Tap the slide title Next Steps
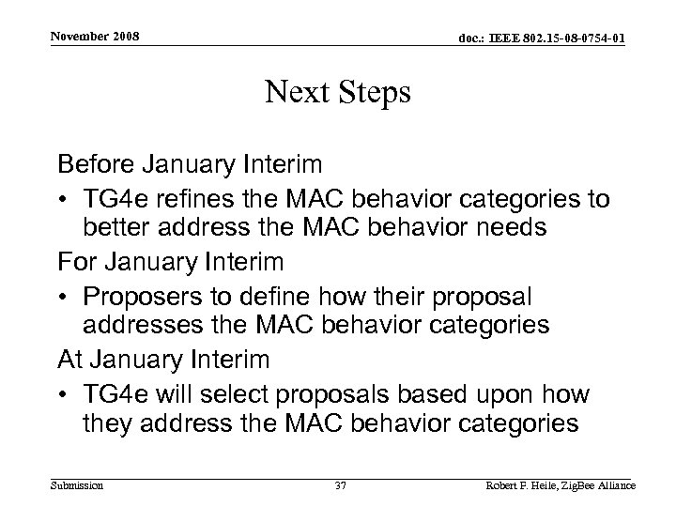click(x=337, y=93)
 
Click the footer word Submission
click(x=78, y=485)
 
